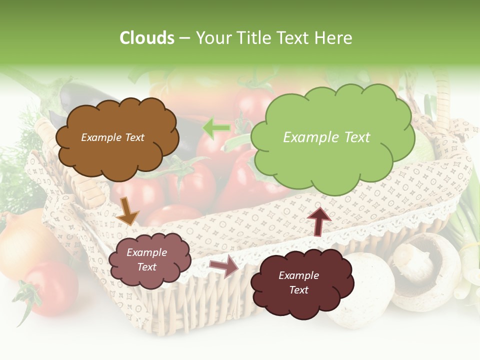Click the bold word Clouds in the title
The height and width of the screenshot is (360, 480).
tap(147, 38)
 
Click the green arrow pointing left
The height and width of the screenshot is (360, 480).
tap(216, 128)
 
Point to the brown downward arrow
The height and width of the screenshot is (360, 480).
tap(128, 210)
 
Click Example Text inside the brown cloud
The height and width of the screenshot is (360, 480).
tap(112, 137)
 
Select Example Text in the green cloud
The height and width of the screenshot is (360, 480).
tap(326, 137)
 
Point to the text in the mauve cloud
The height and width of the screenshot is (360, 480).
tap(146, 260)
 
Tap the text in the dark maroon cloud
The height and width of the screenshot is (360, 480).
tap(298, 282)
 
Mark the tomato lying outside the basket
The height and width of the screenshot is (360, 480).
tap(50, 290)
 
